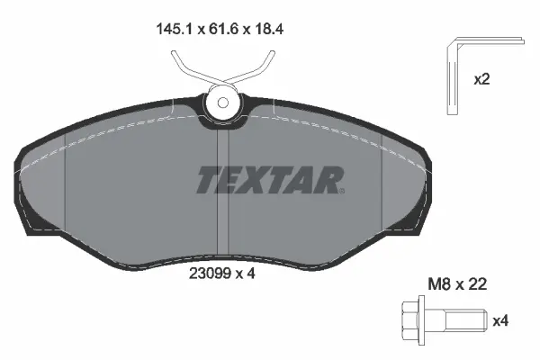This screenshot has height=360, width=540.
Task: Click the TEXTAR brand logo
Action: (268, 179)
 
